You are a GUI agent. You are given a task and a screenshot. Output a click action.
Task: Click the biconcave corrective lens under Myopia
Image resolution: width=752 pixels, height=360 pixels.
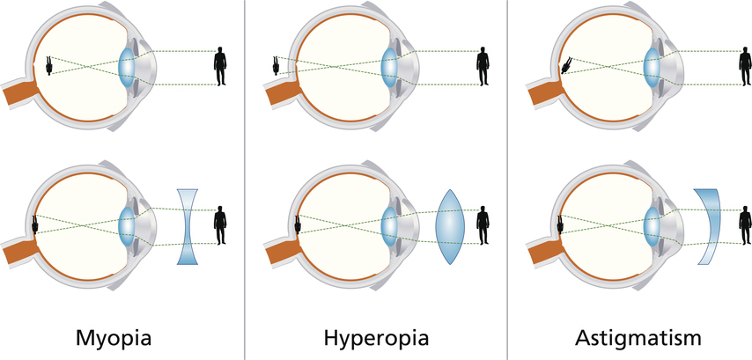click(x=189, y=225)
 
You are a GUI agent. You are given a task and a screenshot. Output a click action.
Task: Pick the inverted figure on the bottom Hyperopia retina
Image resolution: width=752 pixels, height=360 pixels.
click(x=299, y=224)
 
